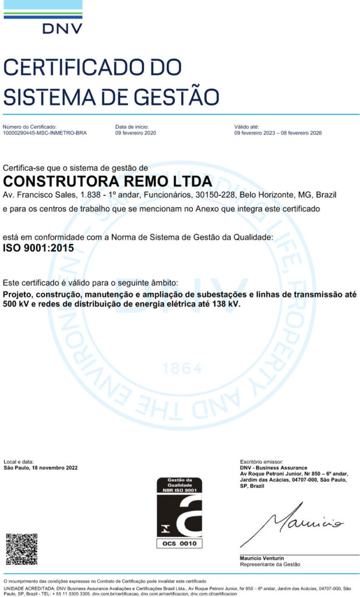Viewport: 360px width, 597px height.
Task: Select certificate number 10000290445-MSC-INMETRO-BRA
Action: point(45,133)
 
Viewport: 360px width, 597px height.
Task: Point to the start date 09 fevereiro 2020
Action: point(136,133)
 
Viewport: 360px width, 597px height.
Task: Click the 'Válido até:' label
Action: point(246,127)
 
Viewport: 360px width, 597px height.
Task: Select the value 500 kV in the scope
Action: point(15,304)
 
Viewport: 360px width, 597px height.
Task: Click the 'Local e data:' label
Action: point(19,462)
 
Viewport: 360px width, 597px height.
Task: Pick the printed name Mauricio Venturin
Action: point(262,559)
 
